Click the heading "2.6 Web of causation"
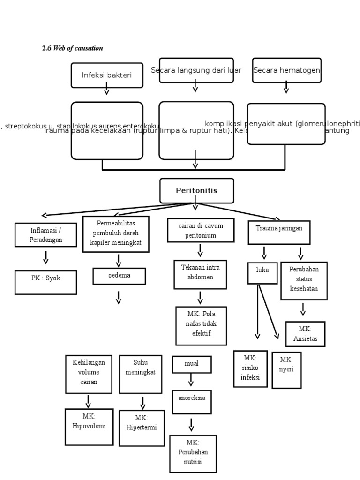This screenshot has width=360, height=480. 72,48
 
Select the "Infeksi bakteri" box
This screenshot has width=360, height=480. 107,75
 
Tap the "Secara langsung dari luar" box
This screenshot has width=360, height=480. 196,70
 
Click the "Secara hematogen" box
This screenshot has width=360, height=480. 286,70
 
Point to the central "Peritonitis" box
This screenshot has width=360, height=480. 196,191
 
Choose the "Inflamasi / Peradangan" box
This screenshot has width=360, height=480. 46,235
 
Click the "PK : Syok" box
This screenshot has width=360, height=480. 46,282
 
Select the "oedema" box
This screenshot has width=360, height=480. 119,276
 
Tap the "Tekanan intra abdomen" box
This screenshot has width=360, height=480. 200,274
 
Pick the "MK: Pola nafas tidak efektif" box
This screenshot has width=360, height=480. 201,326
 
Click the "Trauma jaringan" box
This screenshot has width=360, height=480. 279,232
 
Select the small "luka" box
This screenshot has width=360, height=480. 262,273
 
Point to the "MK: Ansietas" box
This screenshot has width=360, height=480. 305,334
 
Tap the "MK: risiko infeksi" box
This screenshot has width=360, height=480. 250,368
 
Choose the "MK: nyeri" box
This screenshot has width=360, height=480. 286,370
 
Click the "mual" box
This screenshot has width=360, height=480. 191,364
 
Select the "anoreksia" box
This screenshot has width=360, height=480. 191,402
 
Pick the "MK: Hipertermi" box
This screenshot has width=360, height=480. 142,428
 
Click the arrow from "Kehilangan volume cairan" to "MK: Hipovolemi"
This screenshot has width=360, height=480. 88,401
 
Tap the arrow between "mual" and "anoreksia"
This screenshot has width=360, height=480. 191,380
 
